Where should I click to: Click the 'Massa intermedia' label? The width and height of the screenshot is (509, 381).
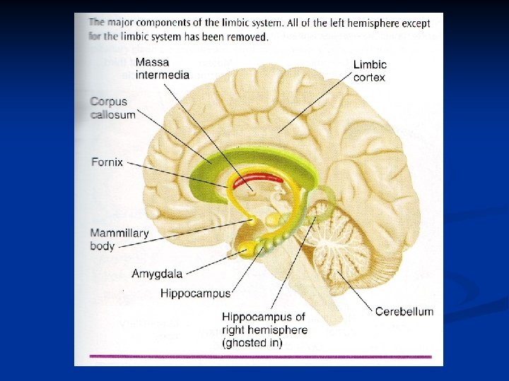click(x=162, y=68)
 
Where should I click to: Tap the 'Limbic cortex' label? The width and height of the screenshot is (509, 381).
click(x=370, y=71)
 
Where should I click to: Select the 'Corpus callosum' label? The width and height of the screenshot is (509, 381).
click(x=112, y=108)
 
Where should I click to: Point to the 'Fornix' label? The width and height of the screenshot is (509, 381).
click(x=107, y=162)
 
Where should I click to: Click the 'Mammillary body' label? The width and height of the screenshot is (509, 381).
click(x=119, y=240)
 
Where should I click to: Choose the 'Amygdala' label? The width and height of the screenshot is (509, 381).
click(x=157, y=273)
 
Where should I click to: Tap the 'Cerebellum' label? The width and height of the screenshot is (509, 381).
click(x=404, y=311)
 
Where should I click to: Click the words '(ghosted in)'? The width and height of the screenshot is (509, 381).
click(x=252, y=343)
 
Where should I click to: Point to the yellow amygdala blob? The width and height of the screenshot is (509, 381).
click(x=249, y=248)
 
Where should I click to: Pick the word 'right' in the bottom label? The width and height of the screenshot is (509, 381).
click(x=235, y=330)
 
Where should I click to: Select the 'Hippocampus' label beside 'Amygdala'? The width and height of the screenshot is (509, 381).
click(x=195, y=293)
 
